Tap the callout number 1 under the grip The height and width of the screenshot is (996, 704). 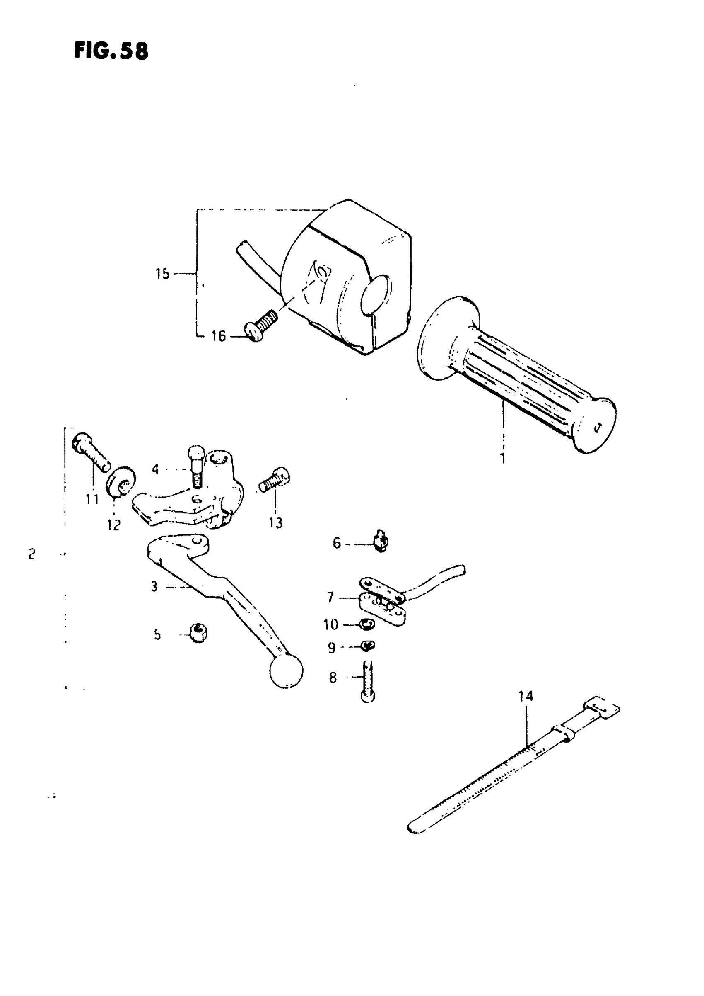(502, 458)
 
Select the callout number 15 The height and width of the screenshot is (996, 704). (163, 274)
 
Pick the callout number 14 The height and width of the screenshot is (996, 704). (526, 697)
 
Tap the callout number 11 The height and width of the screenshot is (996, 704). (92, 499)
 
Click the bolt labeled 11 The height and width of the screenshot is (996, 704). (91, 452)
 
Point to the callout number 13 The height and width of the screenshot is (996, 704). (276, 523)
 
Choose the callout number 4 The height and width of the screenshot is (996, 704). (155, 469)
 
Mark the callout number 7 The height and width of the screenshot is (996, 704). (330, 598)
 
